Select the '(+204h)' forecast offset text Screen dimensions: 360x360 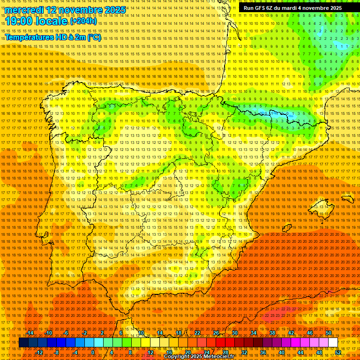[84, 21]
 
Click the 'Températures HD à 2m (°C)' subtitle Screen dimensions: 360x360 [52, 37]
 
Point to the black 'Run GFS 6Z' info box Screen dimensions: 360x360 [292, 8]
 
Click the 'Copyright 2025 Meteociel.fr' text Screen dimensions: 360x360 [206, 357]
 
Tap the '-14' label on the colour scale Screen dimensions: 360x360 [30, 333]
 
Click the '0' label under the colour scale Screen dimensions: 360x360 [93, 352]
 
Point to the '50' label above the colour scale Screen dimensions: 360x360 [328, 333]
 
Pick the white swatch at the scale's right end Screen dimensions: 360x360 [333, 343]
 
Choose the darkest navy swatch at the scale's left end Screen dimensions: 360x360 [23, 343]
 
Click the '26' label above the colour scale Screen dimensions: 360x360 [216, 333]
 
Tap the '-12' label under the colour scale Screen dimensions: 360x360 [39, 352]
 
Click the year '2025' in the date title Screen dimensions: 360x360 [115, 10]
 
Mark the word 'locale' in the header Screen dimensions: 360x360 [52, 22]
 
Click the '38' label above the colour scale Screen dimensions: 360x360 [272, 333]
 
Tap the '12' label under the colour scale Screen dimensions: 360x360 [150, 352]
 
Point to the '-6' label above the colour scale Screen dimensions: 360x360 [66, 333]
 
